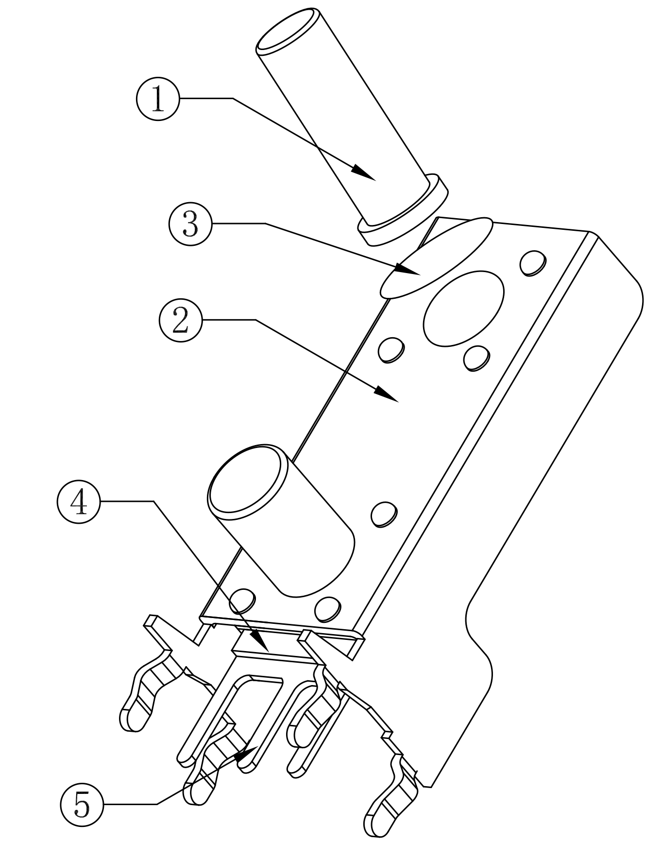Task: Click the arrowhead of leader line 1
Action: pos(364,173)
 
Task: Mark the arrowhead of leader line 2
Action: pos(387,394)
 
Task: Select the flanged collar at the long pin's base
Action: pos(403,210)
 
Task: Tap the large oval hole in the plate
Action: pos(464,309)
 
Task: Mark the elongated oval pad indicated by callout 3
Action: pos(436,258)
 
